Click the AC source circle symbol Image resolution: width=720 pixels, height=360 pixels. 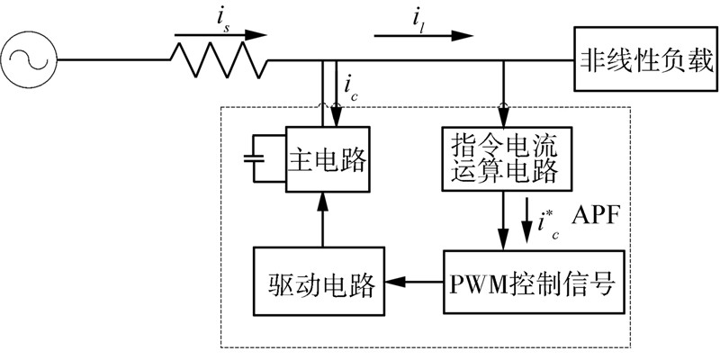point(29,60)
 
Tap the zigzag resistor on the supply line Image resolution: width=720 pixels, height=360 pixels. point(220,60)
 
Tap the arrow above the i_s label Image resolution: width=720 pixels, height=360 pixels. point(221,37)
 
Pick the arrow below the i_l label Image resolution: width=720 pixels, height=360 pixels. point(423,37)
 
